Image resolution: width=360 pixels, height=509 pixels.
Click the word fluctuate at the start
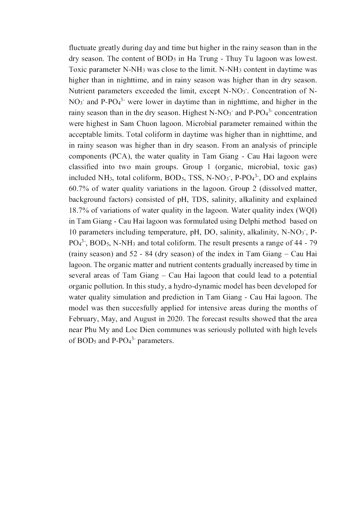pos(82,48)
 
